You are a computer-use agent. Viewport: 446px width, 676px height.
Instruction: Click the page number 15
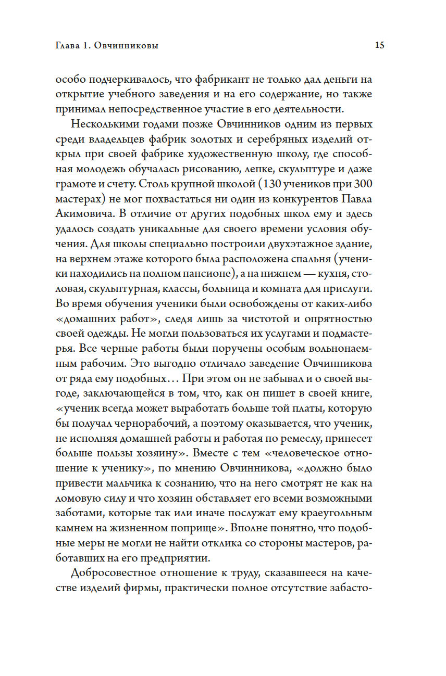pos(379,45)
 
